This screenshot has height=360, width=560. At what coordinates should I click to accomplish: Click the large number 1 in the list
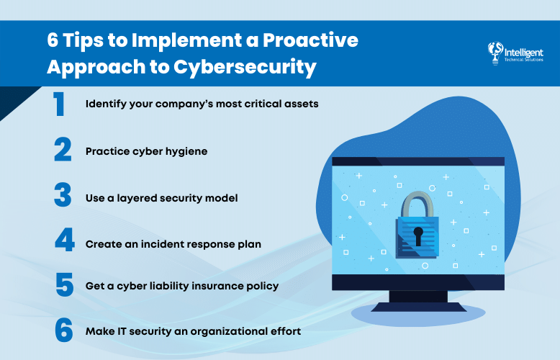pos(59,104)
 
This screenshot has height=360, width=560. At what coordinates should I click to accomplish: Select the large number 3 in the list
pos(63,195)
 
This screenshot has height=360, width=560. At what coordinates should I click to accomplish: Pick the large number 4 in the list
pos(64,240)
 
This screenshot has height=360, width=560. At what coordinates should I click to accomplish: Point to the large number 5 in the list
pos(63,285)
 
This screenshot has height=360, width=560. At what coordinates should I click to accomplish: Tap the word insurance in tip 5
pos(217,285)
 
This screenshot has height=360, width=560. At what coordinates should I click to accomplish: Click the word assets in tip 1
pos(299,104)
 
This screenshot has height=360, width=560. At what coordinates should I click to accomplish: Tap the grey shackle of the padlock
pos(417,202)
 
